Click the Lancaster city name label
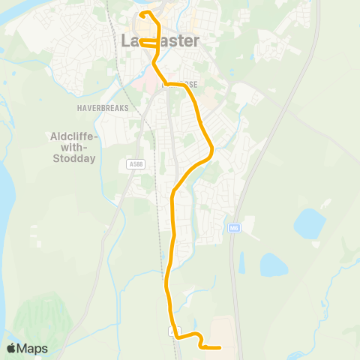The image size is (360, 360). coord(160,41)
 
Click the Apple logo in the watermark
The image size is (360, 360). coord(11,349)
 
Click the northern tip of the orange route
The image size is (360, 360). coord(143,13)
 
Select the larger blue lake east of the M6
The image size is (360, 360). coord(309,222)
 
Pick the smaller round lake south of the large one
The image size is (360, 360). coord(273,264)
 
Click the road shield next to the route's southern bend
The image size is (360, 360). coord(175,330)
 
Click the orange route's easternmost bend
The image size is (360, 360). coord(213,150)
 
